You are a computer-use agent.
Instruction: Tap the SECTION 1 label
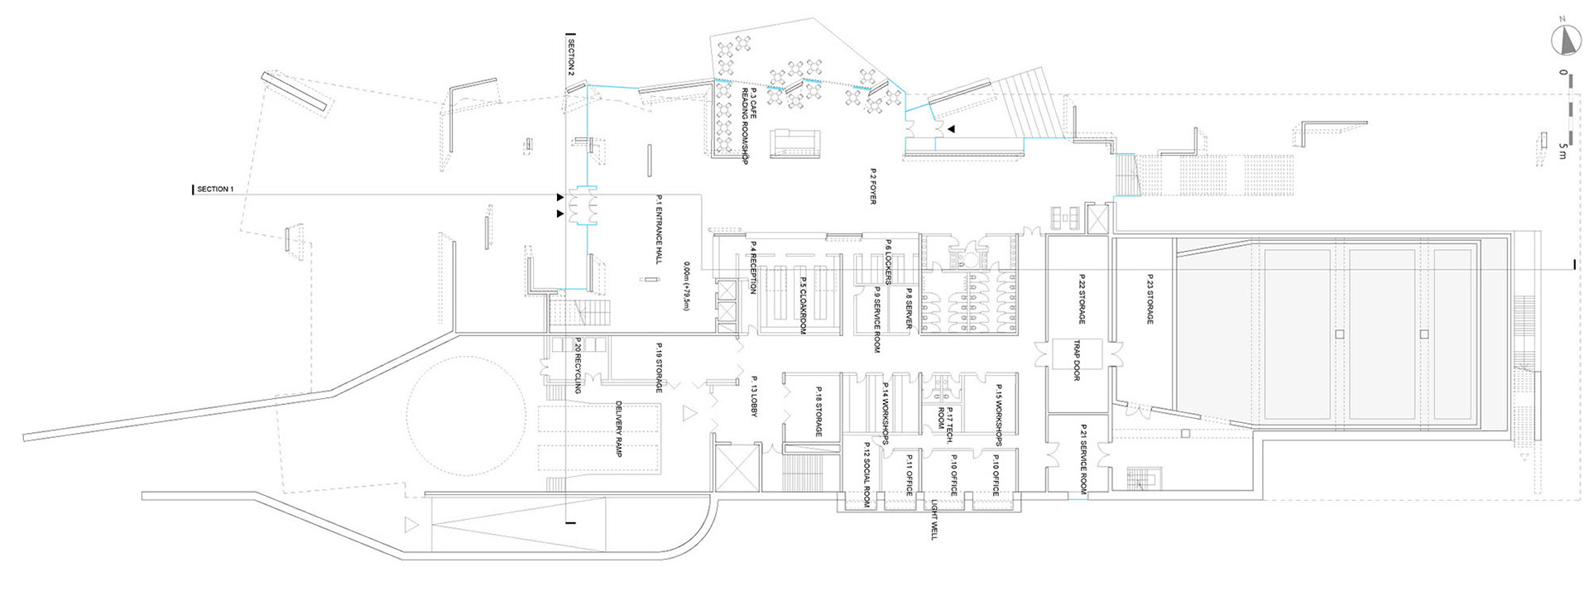point(215,190)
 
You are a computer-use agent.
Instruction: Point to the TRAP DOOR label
point(1077,360)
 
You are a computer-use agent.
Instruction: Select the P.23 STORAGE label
point(1150,299)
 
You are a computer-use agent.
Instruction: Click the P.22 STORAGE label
point(1082,299)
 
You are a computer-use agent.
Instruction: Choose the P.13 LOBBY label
point(754,394)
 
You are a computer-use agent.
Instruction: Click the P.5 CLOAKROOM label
point(803,304)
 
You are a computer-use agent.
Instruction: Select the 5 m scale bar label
point(1563,151)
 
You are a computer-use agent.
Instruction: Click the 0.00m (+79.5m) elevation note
point(686,286)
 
